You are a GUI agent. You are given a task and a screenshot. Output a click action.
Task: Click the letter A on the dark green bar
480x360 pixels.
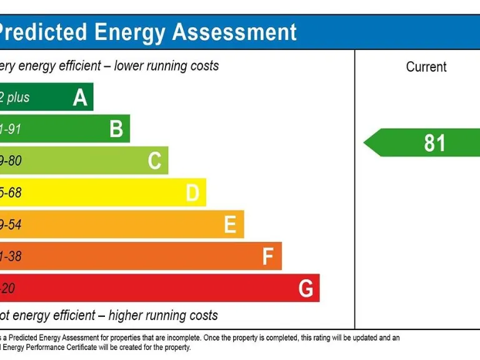pyautogui.click(x=80, y=97)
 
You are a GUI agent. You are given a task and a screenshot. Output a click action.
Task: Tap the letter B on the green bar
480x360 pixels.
pyautogui.click(x=116, y=129)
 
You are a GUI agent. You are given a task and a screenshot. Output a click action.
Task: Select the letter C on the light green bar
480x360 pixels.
pyautogui.click(x=154, y=161)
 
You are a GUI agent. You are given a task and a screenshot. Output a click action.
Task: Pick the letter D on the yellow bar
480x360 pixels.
pyautogui.click(x=192, y=193)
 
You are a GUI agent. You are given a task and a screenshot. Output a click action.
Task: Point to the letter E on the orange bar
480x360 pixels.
pyautogui.click(x=230, y=225)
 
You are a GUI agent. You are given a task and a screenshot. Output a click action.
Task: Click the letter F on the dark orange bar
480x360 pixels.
pyautogui.click(x=268, y=257)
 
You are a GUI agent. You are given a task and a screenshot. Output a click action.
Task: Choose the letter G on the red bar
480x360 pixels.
pyautogui.click(x=306, y=289)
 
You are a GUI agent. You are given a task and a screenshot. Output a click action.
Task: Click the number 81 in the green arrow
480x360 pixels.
pyautogui.click(x=434, y=143)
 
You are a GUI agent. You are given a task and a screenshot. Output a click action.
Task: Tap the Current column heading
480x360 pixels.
pyautogui.click(x=426, y=67)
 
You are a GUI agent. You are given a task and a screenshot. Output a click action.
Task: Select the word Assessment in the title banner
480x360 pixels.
pyautogui.click(x=234, y=32)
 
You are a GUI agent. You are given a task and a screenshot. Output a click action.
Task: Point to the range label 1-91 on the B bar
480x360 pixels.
pyautogui.click(x=11, y=129)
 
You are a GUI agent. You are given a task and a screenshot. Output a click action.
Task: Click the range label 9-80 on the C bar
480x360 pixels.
pyautogui.click(x=11, y=161)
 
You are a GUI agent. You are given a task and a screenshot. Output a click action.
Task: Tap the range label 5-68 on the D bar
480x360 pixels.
pyautogui.click(x=11, y=193)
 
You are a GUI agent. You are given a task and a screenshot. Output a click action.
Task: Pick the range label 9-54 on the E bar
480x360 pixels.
pyautogui.click(x=11, y=225)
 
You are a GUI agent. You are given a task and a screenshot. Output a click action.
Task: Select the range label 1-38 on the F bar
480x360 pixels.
pyautogui.click(x=11, y=257)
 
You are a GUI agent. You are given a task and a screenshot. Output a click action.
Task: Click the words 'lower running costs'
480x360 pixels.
pyautogui.click(x=166, y=66)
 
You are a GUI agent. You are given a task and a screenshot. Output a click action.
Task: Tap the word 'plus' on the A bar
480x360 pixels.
pyautogui.click(x=19, y=97)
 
